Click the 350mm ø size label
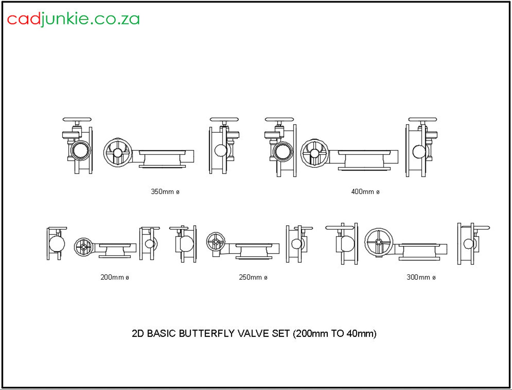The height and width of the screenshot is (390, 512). click(x=165, y=192)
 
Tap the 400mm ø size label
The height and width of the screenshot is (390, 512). click(x=365, y=192)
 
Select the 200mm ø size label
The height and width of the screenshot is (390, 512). click(x=114, y=277)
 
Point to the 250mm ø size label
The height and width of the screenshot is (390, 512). click(x=253, y=277)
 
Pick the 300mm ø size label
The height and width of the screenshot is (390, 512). click(x=421, y=277)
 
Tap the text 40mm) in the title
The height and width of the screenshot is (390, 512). click(x=361, y=333)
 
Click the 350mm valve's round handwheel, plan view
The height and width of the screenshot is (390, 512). click(x=118, y=153)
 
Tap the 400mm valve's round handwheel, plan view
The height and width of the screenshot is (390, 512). click(x=315, y=153)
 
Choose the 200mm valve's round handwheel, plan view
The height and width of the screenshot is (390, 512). click(x=84, y=247)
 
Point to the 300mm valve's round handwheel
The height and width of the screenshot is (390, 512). click(x=379, y=242)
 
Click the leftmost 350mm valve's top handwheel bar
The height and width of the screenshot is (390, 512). click(x=77, y=120)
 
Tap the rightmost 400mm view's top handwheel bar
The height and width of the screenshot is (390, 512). click(x=422, y=120)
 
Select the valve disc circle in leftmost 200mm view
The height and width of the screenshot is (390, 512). click(x=57, y=244)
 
